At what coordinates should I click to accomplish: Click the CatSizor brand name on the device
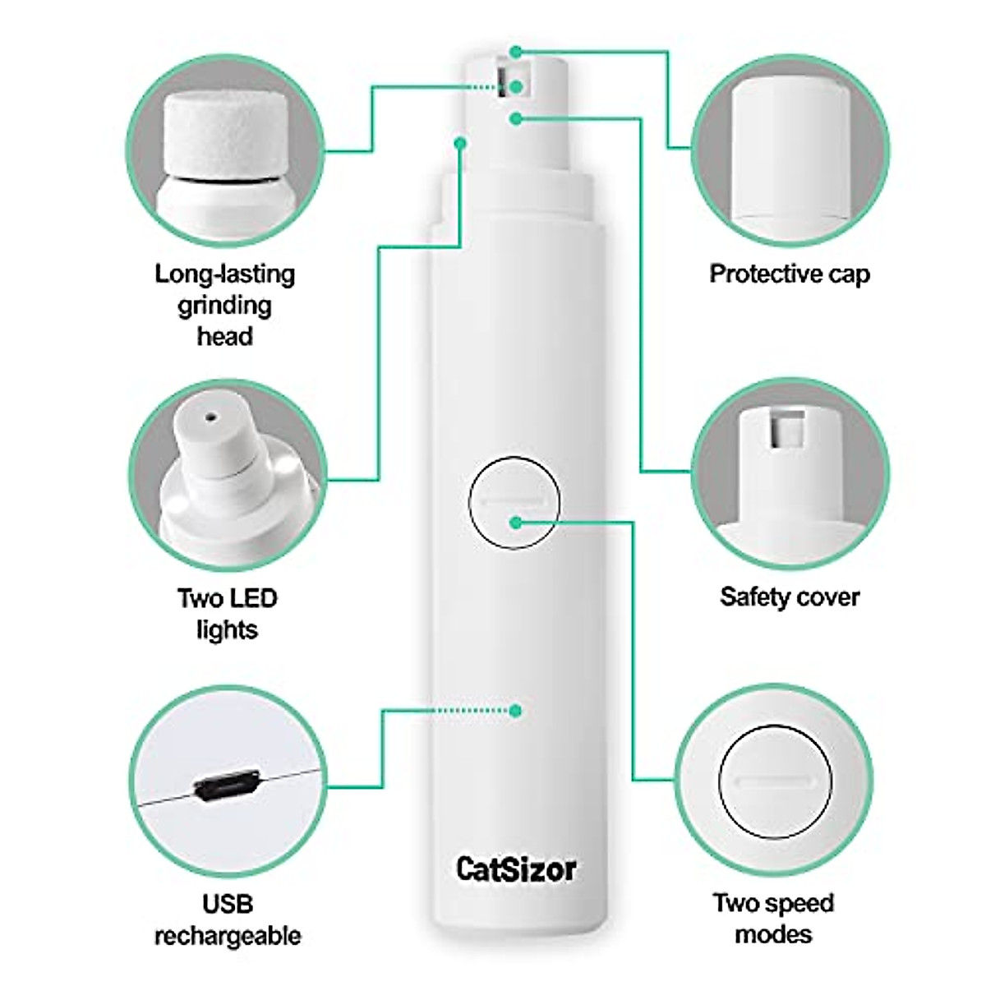516,869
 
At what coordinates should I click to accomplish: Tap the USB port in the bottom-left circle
227,787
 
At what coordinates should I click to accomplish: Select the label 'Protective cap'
789,274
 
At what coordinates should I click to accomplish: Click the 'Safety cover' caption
789,597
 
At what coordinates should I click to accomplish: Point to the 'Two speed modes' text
773,918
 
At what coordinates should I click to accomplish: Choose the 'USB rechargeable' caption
228,919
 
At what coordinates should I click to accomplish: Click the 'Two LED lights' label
227,613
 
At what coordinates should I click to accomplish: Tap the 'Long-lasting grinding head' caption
224,305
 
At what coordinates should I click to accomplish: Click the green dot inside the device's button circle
515,522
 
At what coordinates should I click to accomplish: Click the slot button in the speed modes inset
774,781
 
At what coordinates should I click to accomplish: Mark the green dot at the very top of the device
515,52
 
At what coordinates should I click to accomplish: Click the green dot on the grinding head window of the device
515,86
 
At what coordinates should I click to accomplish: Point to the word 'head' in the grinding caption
224,336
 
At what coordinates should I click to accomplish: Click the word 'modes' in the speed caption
773,933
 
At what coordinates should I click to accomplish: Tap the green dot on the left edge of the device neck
460,143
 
